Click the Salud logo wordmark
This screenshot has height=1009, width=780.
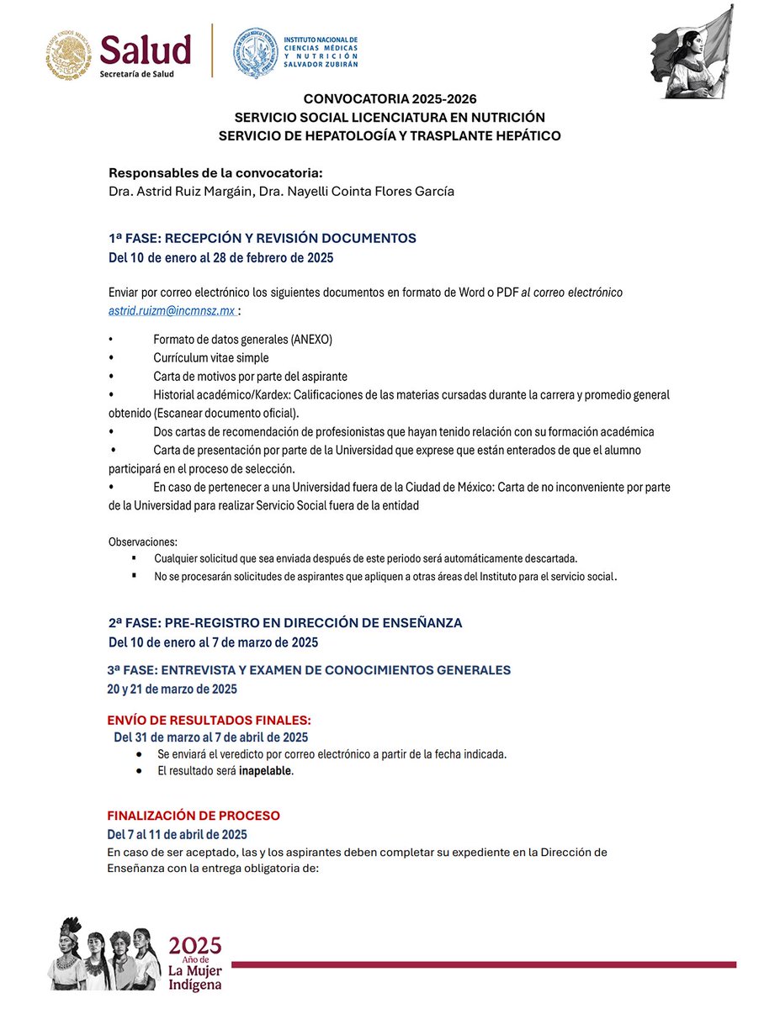pos(146,50)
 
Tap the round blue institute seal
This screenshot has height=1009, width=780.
pos(254,53)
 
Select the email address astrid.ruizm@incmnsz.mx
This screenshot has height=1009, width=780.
pos(172,310)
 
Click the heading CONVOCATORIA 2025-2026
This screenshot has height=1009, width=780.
pos(390,99)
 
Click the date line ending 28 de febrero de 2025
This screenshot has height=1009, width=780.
pos(220,257)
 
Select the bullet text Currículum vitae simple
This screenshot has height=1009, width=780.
pos(211,357)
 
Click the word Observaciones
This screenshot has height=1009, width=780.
pos(143,541)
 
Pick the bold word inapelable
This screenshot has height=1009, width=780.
pos(265,771)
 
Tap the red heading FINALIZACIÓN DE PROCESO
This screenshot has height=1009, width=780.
pos(194,816)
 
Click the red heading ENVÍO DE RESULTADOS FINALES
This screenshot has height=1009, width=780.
pos(210,720)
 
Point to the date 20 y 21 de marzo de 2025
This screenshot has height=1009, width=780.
pos(172,689)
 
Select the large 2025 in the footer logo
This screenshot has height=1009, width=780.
pos(196,943)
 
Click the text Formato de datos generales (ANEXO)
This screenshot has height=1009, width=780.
pos(242,339)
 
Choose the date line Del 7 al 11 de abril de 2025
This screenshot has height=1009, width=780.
pos(177,834)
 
